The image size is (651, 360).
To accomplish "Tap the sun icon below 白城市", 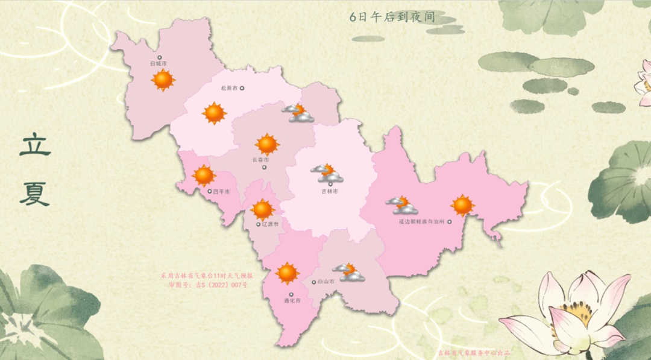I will pos(163,80).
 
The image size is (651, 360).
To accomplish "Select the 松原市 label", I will pos(230,88).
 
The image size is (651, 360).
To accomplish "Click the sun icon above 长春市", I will pos(267,144).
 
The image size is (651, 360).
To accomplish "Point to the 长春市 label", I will pos(261,160).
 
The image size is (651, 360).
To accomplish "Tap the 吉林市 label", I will pos(329,191).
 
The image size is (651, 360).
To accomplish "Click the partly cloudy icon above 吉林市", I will pos(327,173).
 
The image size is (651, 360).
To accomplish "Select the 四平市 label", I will pos(221,192).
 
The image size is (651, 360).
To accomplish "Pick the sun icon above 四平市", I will pos(204,175).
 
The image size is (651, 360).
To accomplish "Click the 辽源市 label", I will pos(271,224).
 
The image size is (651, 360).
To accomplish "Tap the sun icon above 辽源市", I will pos(263,209).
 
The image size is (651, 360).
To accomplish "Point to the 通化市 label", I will pos(292,300).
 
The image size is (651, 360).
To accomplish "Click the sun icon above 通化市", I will pos(288,273).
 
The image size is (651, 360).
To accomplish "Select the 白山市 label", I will pos(326,282).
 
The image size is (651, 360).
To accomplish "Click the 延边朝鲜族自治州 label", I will pos(421,222).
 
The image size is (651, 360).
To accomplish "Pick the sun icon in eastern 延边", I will pos(462,206).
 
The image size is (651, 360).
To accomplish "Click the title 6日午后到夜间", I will pos(392,17).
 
